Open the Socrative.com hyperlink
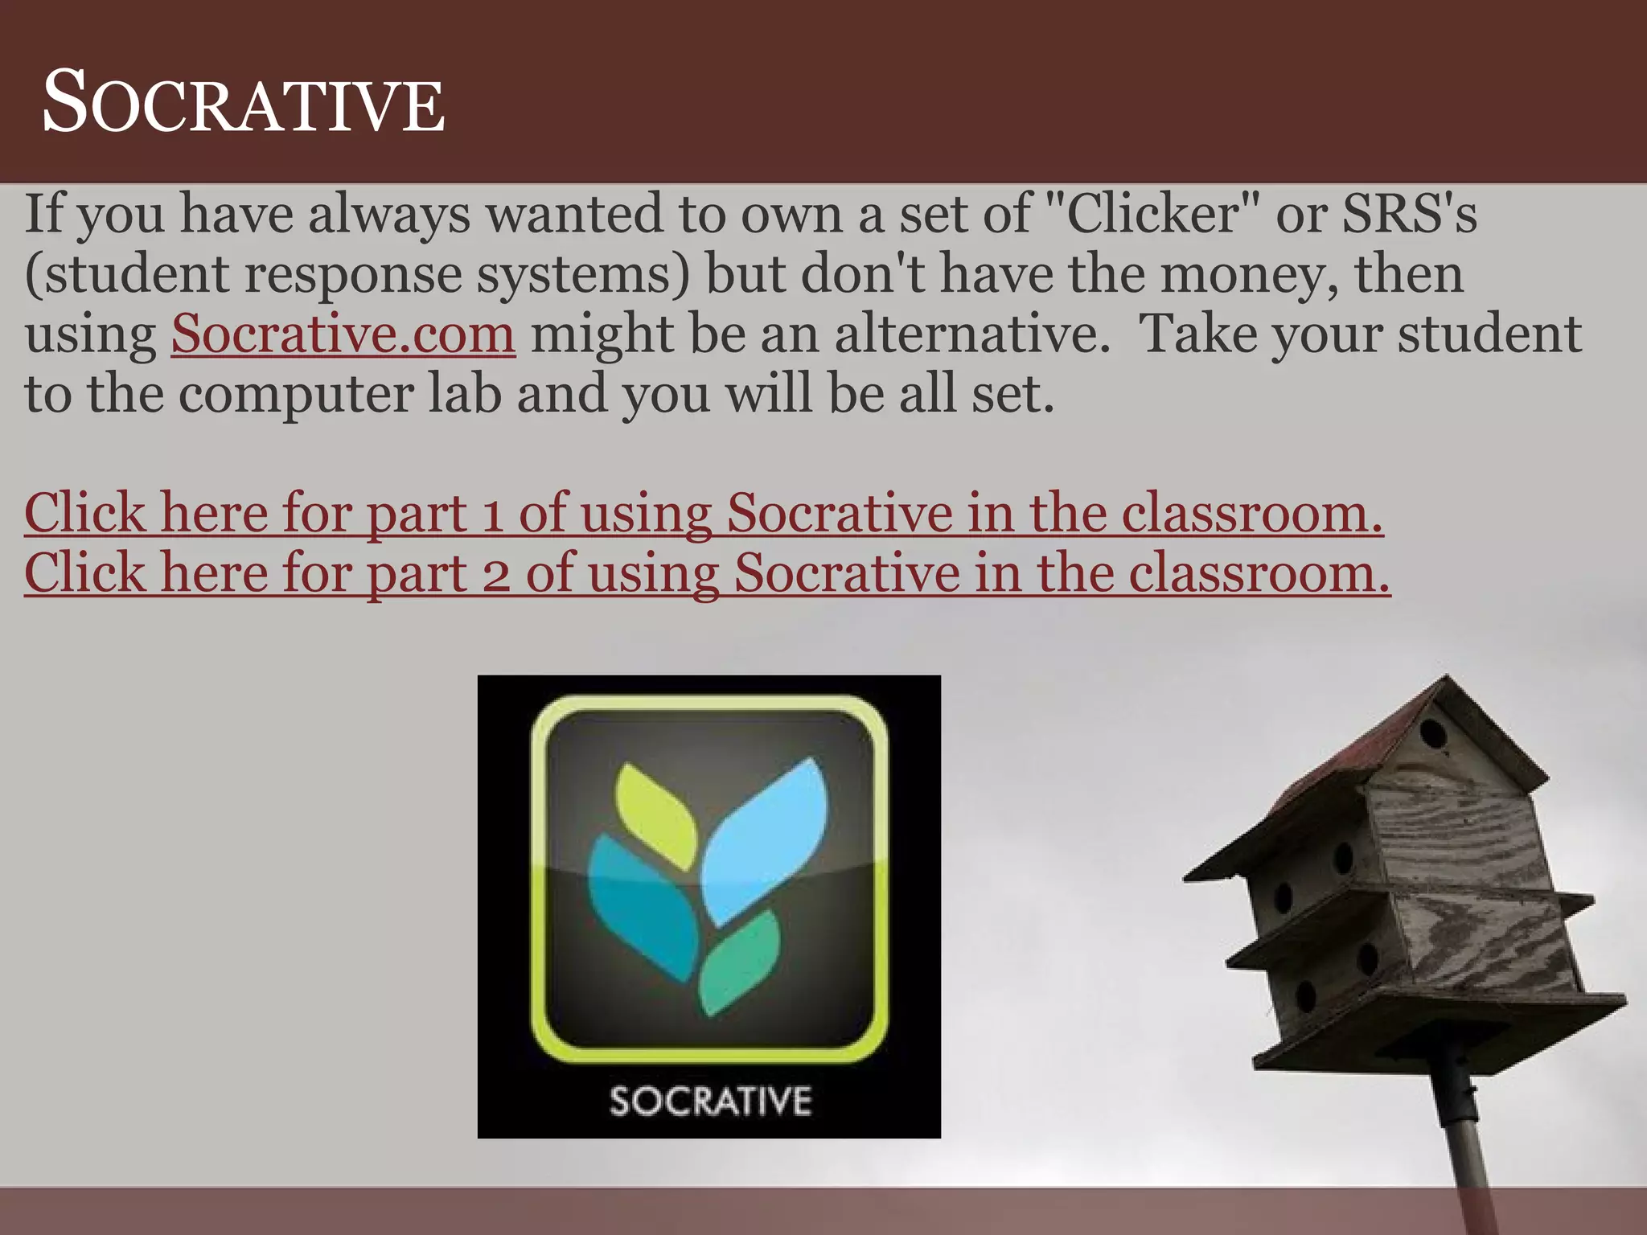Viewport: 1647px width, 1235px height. [343, 333]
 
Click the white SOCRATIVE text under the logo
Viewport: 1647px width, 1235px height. [710, 1101]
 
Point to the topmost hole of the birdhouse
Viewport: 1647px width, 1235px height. [1432, 733]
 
